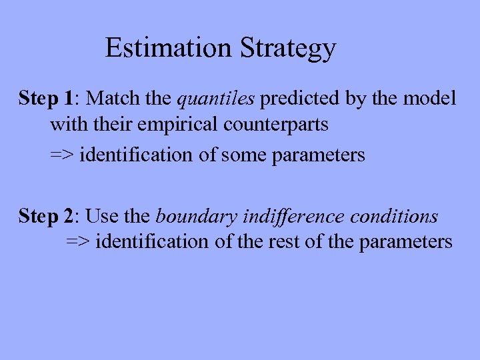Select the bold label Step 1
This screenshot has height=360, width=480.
pos(47,99)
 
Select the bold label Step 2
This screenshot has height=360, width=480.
pos(47,216)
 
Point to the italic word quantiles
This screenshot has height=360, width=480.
pos(216,99)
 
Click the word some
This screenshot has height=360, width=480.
pos(244,155)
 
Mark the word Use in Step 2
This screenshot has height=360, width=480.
pos(100,216)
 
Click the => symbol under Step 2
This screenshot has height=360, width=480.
pos(79,241)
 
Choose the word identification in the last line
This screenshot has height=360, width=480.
pos(153,241)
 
